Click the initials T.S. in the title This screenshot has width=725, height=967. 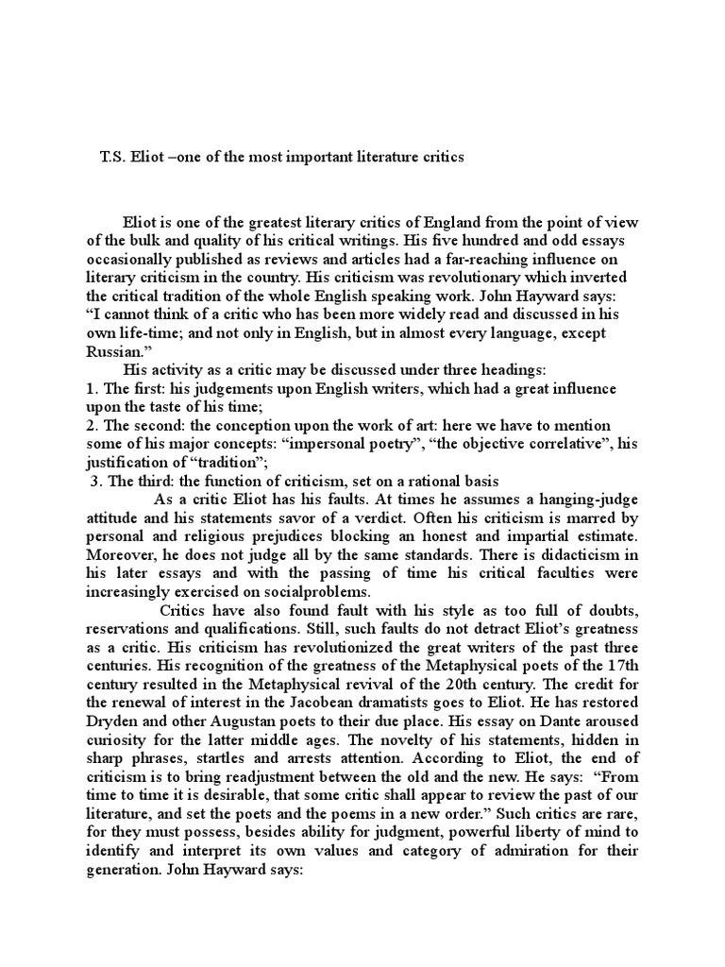[114, 157]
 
